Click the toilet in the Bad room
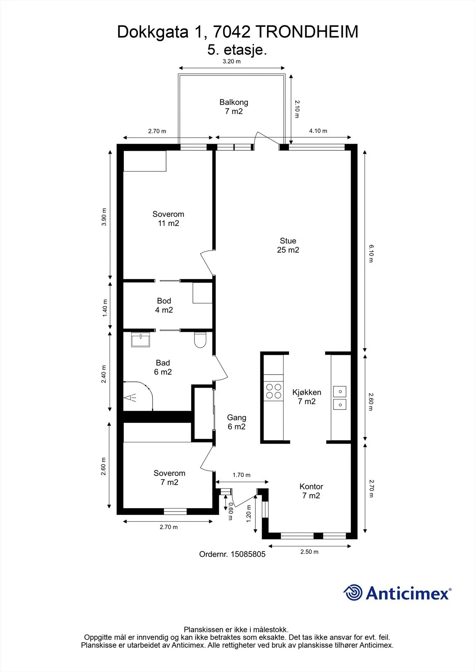200,340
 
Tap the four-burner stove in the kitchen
274,391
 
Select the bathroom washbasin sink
140,339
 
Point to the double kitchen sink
340,398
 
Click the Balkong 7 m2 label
234,107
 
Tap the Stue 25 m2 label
288,245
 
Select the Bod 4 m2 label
164,305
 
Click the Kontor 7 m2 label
311,491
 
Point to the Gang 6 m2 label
236,422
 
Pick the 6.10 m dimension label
371,254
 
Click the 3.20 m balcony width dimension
232,61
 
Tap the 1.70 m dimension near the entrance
241,475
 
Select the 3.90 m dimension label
104,217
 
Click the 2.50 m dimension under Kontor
310,552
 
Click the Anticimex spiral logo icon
352,593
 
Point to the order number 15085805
248,554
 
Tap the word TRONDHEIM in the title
308,32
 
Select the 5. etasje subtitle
237,50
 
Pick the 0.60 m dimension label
231,512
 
